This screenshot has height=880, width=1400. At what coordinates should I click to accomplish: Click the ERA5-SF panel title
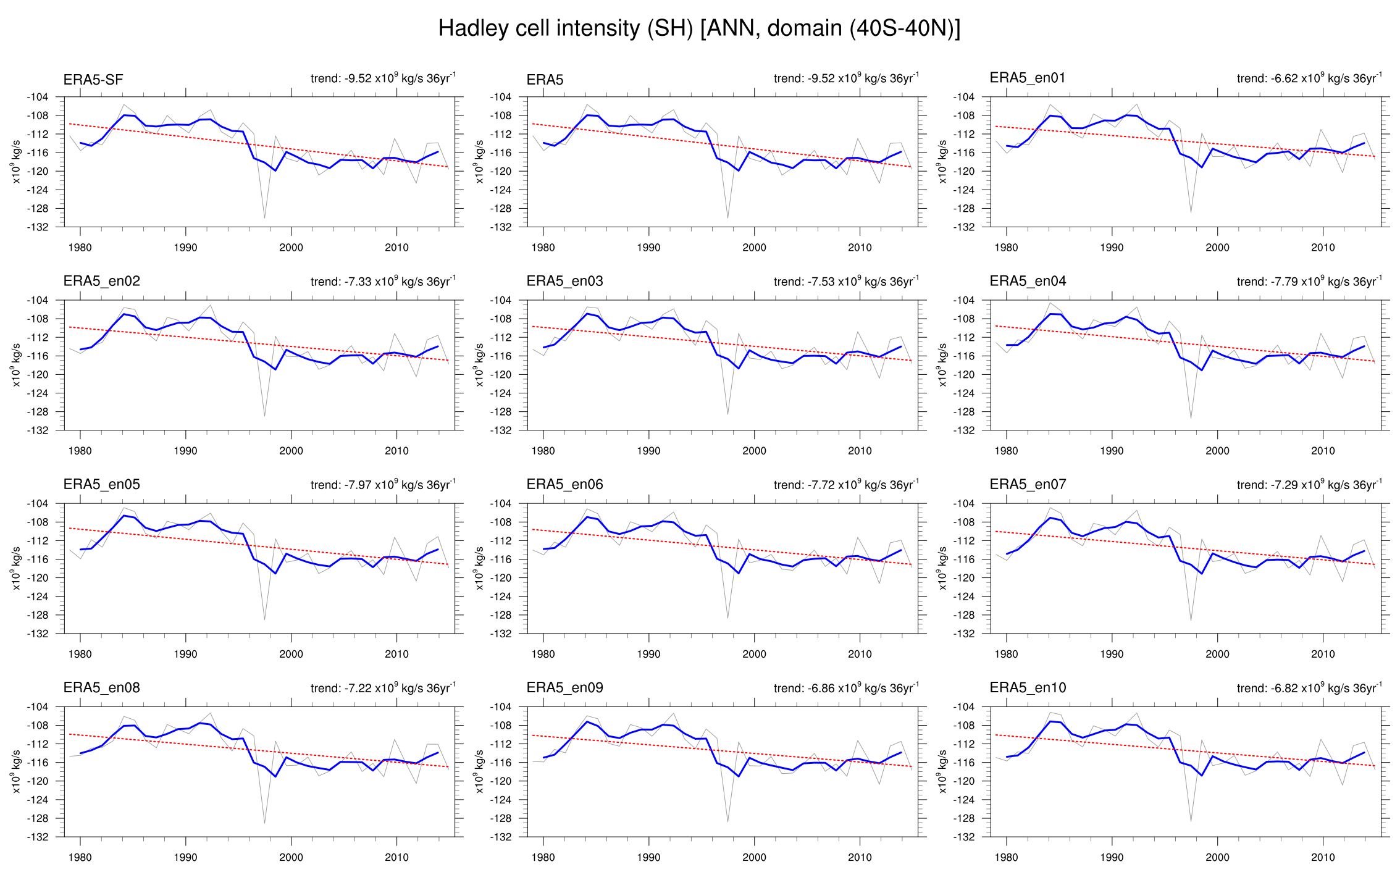93,80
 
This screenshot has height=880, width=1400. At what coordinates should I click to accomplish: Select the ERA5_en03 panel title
564,282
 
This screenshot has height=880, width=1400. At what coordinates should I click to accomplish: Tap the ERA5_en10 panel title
1028,688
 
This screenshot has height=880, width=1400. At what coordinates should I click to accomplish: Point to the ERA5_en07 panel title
1028,485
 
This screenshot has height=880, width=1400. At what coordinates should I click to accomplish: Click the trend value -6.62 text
1309,78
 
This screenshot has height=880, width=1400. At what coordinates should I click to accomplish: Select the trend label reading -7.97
383,485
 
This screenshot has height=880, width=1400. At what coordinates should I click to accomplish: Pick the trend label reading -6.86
846,688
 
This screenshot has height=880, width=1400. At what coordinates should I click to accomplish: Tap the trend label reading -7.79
1309,282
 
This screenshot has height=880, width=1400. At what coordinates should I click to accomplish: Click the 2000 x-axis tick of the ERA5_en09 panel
754,857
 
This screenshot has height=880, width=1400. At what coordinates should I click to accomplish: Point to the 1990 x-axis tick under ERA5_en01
1112,248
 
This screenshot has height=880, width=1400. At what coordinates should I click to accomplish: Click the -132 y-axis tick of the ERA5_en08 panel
37,837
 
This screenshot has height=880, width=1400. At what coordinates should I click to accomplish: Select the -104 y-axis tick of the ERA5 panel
500,97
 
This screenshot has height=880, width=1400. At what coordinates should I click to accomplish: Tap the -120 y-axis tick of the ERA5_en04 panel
963,375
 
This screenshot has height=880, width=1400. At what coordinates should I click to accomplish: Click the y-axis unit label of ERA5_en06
479,568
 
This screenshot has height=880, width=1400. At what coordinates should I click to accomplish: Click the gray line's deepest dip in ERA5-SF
265,217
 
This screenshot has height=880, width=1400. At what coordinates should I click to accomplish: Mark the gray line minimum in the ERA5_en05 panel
265,619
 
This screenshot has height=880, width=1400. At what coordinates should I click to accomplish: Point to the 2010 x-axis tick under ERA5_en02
396,451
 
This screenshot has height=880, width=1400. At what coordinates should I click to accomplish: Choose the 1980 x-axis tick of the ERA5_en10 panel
1006,857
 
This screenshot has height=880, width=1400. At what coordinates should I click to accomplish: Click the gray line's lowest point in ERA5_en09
728,822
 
